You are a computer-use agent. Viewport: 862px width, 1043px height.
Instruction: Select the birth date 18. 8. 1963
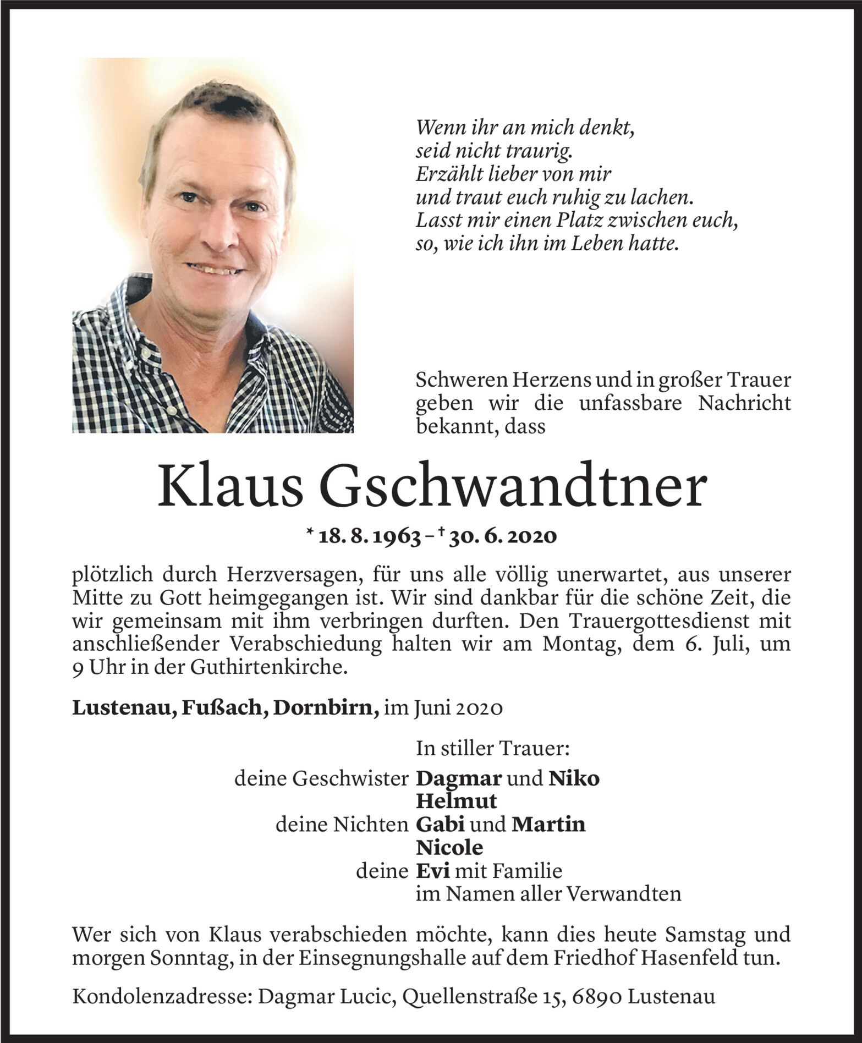[x=369, y=536]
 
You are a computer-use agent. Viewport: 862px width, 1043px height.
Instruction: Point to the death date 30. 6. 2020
[x=502, y=536]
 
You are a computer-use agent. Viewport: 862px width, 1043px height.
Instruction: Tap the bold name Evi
[x=432, y=870]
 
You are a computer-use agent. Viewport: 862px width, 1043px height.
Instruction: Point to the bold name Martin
[x=548, y=824]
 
